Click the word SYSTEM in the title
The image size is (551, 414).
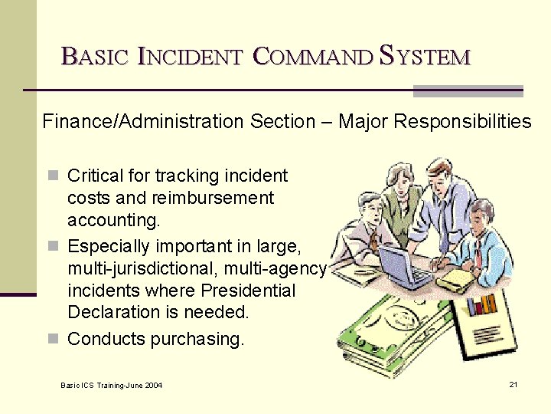click(x=425, y=56)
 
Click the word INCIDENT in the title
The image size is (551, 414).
click(x=190, y=56)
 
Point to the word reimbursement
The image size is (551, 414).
click(x=212, y=198)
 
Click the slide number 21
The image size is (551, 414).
click(x=513, y=383)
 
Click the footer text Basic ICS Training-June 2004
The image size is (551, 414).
click(x=111, y=384)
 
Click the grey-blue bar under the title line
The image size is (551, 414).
click(x=468, y=90)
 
